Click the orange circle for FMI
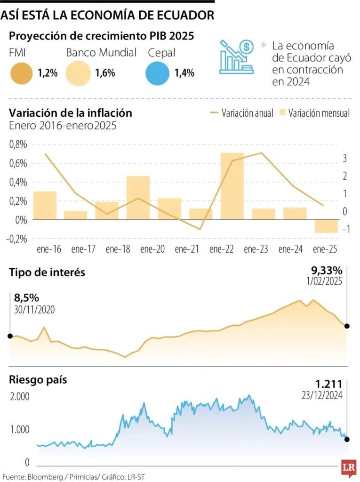pyautogui.click(x=21, y=74)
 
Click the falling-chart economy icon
pyautogui.click(x=236, y=56)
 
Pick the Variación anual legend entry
pyautogui.click(x=241, y=113)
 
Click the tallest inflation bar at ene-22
pyautogui.click(x=232, y=186)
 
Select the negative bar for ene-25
pyautogui.click(x=326, y=226)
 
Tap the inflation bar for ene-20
pyautogui.click(x=138, y=198)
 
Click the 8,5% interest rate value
pyautogui.click(x=26, y=298)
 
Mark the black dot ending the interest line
pyautogui.click(x=347, y=326)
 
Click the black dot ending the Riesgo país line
pyautogui.click(x=347, y=439)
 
